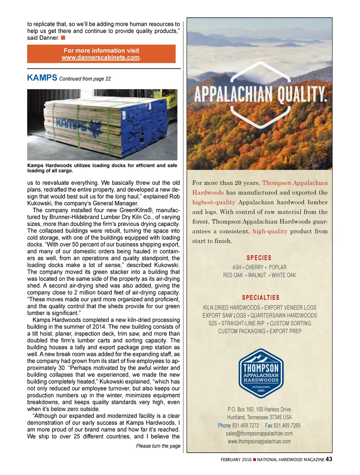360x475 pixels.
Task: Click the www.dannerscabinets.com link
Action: [x=101, y=58]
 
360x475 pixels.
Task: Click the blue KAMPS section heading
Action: [x=42, y=78]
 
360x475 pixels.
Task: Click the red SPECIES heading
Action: [x=259, y=258]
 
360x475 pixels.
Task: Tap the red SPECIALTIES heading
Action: [x=261, y=298]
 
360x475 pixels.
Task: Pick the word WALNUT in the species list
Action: [x=257, y=275]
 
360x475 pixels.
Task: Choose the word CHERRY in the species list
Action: [x=255, y=267]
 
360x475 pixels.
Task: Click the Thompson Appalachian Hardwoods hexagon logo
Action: [x=261, y=373]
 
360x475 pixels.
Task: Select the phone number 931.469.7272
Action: [x=245, y=426]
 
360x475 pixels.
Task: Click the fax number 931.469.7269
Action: [x=287, y=426]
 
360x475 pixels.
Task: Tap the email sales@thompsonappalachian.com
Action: [x=259, y=433]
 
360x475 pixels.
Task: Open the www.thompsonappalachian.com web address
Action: [x=259, y=442]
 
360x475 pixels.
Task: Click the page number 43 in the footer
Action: [x=329, y=459]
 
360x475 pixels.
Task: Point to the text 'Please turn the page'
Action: [x=158, y=446]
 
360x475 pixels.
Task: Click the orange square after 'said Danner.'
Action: [x=63, y=38]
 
